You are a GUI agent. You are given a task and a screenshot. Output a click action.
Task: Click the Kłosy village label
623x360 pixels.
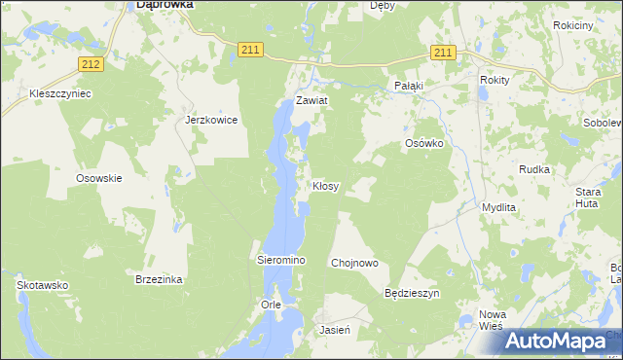(325, 186)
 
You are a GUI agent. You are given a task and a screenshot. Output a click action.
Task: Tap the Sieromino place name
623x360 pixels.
(281, 262)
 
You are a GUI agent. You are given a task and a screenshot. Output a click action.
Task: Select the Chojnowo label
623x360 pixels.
(354, 263)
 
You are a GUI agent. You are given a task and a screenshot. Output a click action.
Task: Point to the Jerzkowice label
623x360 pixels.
(211, 121)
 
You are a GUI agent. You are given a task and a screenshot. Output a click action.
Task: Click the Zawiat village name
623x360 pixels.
(312, 101)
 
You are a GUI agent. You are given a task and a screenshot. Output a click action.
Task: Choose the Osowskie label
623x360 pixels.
(98, 178)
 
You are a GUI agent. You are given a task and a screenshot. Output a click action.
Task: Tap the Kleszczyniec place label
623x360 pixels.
(60, 94)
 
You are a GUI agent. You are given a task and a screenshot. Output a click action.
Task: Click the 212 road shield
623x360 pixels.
(91, 64)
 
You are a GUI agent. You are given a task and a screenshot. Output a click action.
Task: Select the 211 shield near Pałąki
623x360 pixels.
(443, 53)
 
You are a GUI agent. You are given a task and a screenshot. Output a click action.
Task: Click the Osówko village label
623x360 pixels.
(424, 143)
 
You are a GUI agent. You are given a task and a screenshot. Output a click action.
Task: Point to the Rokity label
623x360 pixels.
(495, 81)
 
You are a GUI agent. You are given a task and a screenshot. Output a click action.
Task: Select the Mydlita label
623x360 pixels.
(498, 208)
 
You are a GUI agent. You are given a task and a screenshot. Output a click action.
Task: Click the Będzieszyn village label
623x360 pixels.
(413, 293)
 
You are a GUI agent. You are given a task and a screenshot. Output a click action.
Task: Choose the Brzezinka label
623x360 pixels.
(159, 279)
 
